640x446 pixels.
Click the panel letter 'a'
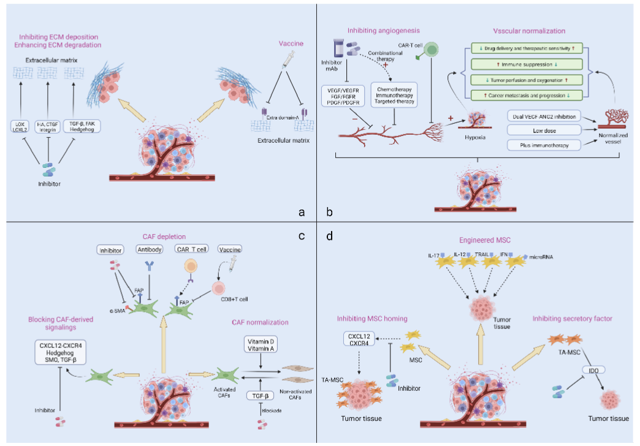[x=301, y=212]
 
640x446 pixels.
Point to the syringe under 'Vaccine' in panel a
[x=283, y=60]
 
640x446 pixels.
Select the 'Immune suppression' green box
[x=525, y=64]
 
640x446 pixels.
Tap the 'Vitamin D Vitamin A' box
[x=261, y=344]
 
